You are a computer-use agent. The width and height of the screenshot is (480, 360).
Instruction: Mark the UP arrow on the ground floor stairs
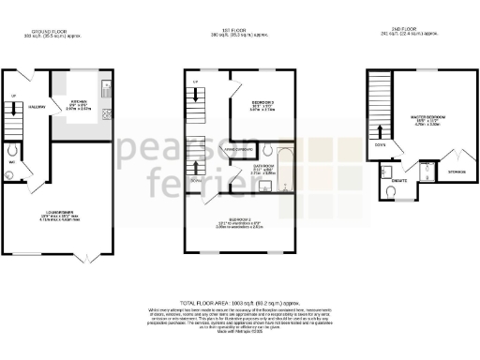(x=15, y=111)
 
